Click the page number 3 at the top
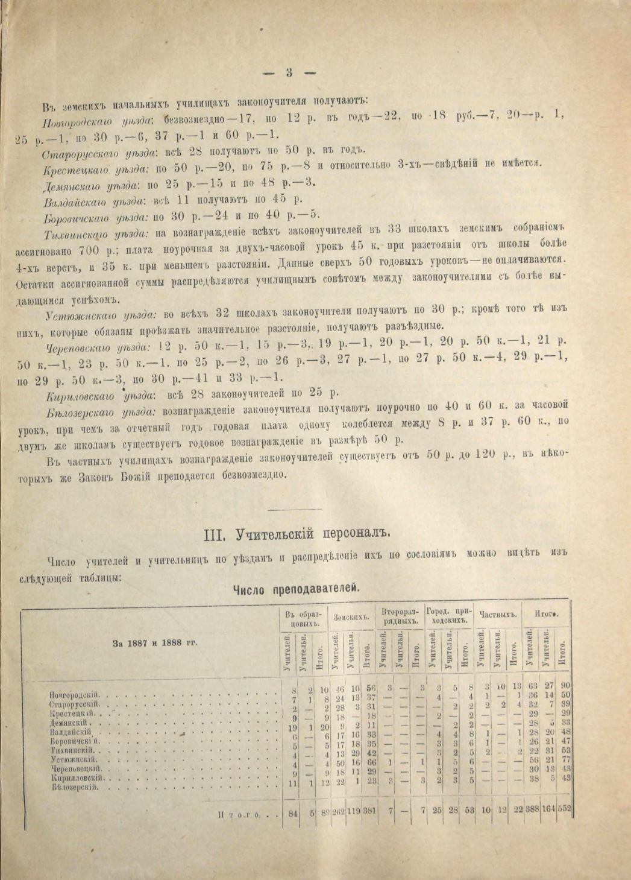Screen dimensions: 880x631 point(289,72)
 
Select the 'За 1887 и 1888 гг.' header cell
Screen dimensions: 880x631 point(155,643)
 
